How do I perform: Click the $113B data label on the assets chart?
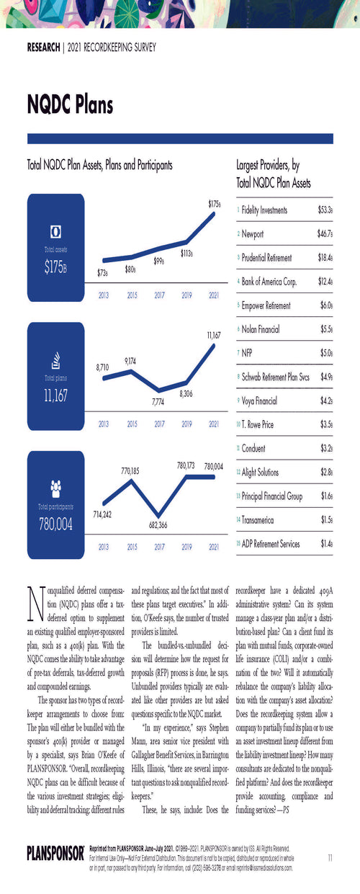point(186,254)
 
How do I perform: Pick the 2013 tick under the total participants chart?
point(103,547)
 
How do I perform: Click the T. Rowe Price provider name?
point(258,424)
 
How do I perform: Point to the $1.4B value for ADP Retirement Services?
point(325,544)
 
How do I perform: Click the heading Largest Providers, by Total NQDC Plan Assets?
point(274,174)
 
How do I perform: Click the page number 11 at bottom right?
point(329,857)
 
